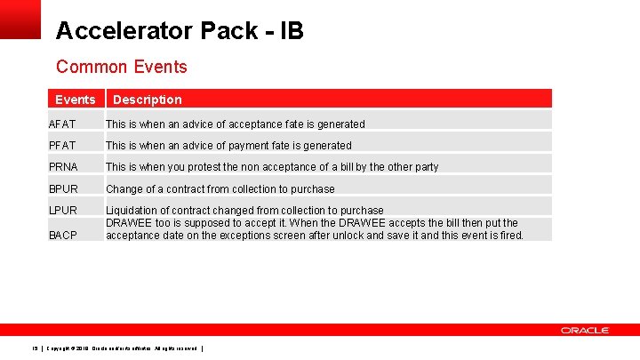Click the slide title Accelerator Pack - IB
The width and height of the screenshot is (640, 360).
point(179,31)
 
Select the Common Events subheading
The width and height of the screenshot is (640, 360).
point(121,67)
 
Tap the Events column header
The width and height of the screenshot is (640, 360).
point(75,100)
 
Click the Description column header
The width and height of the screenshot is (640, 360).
point(147,100)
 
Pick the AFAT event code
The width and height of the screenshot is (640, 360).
point(62,124)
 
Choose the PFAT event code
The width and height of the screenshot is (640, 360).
point(62,146)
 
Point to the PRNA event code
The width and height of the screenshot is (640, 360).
point(63,167)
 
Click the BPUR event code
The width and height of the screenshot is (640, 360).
point(63,189)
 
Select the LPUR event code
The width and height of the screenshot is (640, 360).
point(63,211)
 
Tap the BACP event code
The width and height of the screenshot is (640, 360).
point(63,236)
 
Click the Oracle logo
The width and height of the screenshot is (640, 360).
point(584,331)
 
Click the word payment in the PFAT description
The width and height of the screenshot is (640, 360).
point(250,146)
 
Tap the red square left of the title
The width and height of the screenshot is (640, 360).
point(20,19)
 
